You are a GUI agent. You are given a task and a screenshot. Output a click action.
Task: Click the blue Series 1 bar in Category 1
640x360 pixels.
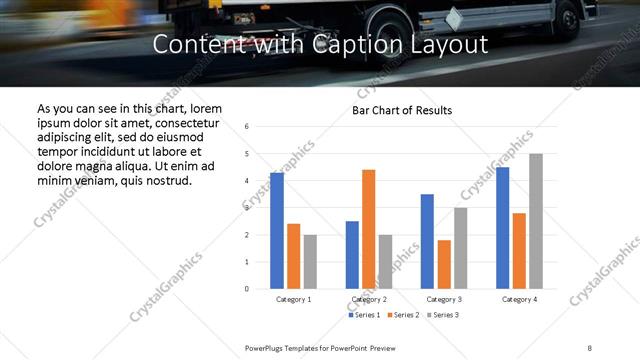tap(277, 231)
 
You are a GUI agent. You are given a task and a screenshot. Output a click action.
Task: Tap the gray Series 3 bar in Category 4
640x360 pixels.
tap(536, 221)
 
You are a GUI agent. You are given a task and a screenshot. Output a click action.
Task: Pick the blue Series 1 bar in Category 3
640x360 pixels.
tap(427, 241)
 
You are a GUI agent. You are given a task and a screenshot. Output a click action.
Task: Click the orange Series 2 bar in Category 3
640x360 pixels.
tap(444, 264)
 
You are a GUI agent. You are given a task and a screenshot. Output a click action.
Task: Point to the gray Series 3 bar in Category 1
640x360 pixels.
tap(310, 262)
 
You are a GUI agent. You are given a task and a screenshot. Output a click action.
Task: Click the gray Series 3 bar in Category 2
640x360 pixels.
tap(385, 262)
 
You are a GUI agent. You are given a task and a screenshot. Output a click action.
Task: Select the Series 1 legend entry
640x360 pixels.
tap(365, 315)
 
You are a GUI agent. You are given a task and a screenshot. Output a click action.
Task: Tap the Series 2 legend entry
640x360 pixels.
tap(403, 315)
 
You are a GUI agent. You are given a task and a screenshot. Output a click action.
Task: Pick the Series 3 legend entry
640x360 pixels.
tap(442, 315)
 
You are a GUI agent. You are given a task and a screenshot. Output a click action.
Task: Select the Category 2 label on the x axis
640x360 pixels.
tap(368, 299)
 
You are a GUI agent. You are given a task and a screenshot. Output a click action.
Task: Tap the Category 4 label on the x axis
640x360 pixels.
tap(519, 299)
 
